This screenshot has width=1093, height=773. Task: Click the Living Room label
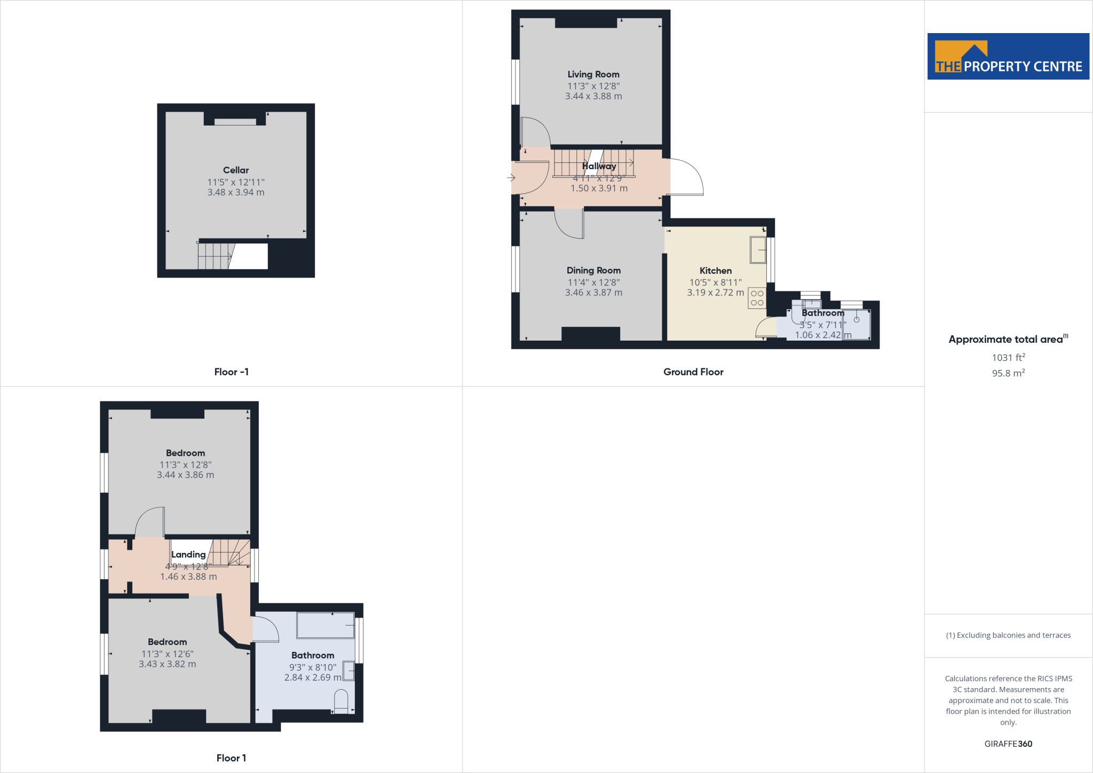(593, 74)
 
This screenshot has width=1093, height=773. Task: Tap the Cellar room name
(236, 170)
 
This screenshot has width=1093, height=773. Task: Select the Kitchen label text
(715, 271)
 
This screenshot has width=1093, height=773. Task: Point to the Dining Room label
(593, 270)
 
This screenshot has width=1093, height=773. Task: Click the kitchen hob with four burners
(757, 298)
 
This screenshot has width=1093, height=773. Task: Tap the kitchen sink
(758, 250)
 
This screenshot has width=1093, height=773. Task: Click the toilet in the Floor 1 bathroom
(340, 701)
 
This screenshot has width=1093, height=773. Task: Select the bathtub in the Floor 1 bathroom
(326, 625)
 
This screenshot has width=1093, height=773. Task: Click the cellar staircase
(215, 256)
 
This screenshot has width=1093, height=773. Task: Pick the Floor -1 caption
(231, 372)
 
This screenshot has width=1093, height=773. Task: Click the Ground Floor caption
(693, 372)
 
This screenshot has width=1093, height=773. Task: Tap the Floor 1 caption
(231, 758)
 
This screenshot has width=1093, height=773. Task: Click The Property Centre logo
(1008, 57)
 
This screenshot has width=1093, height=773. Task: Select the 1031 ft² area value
(1008, 357)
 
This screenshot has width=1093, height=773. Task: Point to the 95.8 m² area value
(1008, 373)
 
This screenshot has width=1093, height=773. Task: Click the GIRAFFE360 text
(1008, 744)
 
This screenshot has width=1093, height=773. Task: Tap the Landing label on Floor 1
(188, 554)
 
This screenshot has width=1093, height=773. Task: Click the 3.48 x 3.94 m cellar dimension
(236, 192)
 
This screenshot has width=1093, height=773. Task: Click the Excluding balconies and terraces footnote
(1008, 635)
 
